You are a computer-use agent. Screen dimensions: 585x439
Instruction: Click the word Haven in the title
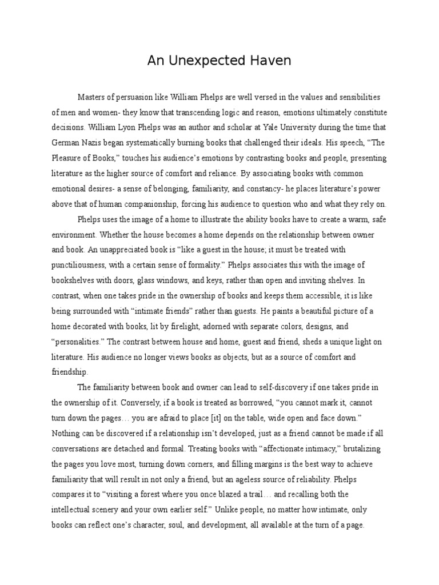coord(271,61)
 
